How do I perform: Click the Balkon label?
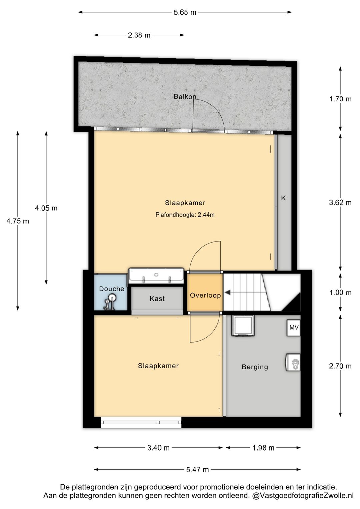(185, 96)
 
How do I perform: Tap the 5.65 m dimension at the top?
(185, 13)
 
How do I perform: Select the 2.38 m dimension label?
(139, 35)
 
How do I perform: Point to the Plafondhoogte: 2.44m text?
(185, 215)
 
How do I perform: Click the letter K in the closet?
(283, 198)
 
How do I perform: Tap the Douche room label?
(112, 289)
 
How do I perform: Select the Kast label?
(157, 299)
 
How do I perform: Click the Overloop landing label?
(205, 295)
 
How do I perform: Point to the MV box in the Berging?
(294, 328)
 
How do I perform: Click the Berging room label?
(255, 367)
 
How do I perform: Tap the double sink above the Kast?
(156, 276)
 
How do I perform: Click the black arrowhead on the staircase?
(228, 293)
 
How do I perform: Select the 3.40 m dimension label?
(158, 448)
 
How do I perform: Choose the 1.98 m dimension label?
(263, 448)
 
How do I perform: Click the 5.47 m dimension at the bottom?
(197, 470)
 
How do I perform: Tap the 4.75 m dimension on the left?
(18, 221)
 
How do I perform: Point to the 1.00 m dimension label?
(340, 293)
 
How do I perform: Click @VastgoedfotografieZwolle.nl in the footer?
(303, 496)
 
